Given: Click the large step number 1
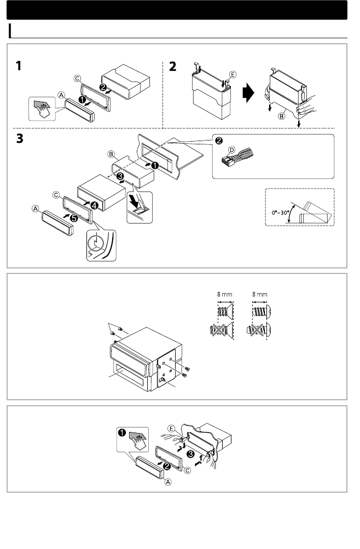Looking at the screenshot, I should (19, 66).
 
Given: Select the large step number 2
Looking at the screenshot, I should (173, 66).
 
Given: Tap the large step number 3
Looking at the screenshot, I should (20, 140).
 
